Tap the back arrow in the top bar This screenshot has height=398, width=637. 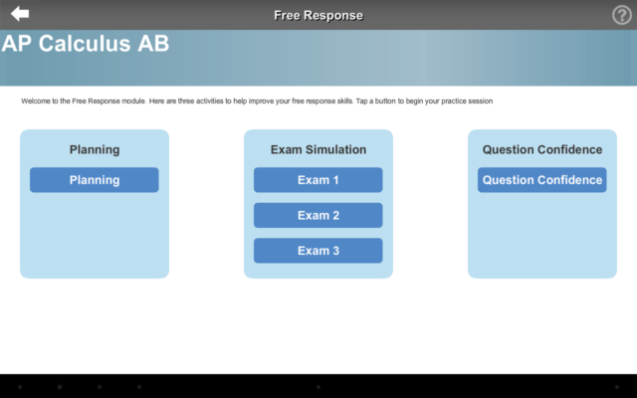coord(20,14)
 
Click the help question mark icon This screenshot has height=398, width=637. coord(621,15)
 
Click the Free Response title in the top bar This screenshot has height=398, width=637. coord(318,15)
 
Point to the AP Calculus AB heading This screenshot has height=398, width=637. coord(86,44)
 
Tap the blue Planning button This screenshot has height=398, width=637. coord(95,180)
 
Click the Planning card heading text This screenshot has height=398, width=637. coord(95,150)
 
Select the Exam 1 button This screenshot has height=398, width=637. coord(318,180)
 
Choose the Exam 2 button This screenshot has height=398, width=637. coord(318,215)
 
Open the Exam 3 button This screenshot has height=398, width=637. coord(318,251)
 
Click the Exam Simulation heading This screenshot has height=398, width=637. coord(318,150)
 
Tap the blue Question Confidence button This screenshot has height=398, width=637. coord(542,180)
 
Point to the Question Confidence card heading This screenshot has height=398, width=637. coord(542,150)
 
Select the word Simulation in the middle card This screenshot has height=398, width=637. coord(335,150)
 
